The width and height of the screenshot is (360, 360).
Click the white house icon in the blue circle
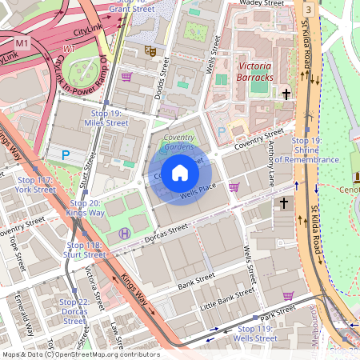point(181,173)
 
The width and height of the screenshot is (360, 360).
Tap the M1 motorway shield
point(22,39)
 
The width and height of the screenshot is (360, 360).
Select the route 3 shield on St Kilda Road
point(309,8)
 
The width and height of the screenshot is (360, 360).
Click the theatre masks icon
point(149,50)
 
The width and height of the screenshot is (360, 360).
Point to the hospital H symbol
point(124,233)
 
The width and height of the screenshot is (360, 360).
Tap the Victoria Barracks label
point(254,71)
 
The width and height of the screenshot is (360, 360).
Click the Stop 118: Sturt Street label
point(84,250)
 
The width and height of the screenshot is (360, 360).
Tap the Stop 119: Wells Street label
point(255,334)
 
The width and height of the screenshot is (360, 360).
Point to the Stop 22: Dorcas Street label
point(74,311)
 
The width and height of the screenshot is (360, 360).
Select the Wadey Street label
point(262,4)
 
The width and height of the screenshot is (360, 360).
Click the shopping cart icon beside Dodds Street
point(126,77)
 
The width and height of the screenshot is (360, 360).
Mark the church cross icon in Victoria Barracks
point(286,94)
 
